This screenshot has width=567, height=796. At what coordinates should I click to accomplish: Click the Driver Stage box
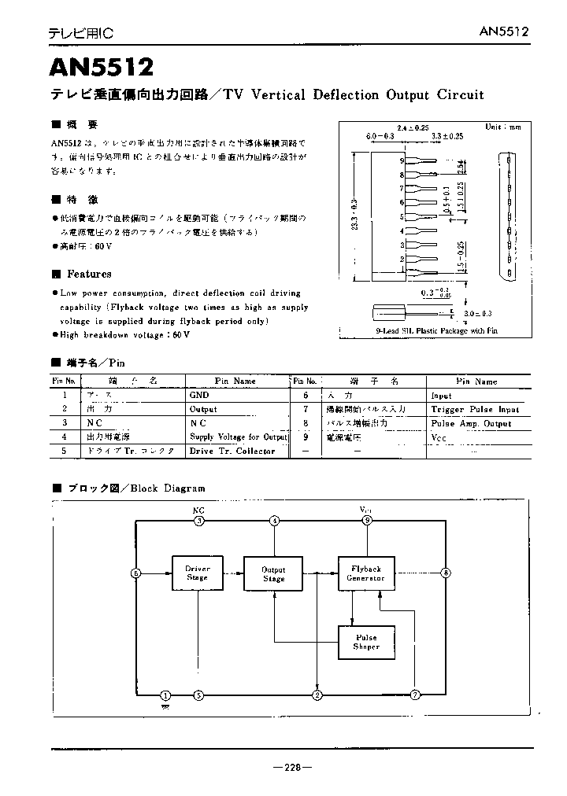pyautogui.click(x=197, y=573)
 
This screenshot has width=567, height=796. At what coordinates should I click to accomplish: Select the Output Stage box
pyautogui.click(x=273, y=574)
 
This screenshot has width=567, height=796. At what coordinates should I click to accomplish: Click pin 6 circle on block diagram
pyautogui.click(x=136, y=574)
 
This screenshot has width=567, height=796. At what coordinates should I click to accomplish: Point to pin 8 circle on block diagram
pyautogui.click(x=447, y=573)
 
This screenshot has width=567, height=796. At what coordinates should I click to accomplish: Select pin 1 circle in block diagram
pyautogui.click(x=165, y=695)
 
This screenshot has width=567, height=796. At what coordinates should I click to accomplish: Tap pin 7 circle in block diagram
pyautogui.click(x=415, y=695)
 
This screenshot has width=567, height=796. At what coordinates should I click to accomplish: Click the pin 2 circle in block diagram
pyautogui.click(x=317, y=695)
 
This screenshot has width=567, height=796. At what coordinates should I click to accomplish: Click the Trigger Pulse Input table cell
pyautogui.click(x=475, y=410)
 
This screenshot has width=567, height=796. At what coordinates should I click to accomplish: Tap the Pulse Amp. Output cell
pyautogui.click(x=471, y=423)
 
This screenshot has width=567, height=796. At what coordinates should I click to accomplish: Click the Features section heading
pyautogui.click(x=89, y=274)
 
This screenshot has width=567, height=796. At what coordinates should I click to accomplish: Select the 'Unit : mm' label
pyautogui.click(x=503, y=127)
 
